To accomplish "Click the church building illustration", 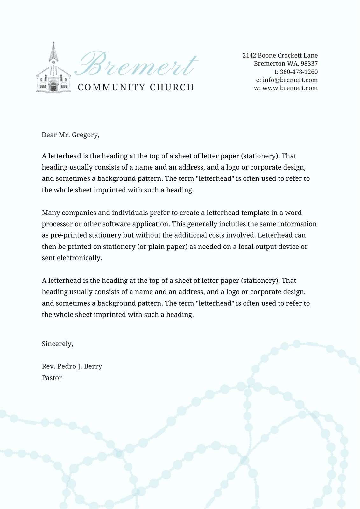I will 53,72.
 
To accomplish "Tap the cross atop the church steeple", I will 53,43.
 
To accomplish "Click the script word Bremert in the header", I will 136,65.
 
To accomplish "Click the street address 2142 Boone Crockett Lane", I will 280,55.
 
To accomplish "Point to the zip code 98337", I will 309,64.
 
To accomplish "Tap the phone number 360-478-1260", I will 299,72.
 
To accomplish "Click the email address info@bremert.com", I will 290,80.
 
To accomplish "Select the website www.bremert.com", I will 290,88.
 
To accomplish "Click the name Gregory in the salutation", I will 86,135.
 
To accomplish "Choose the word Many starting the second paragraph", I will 51,213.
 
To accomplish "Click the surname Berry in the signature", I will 93,366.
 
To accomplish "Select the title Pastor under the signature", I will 52,378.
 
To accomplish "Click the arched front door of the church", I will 53,87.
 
